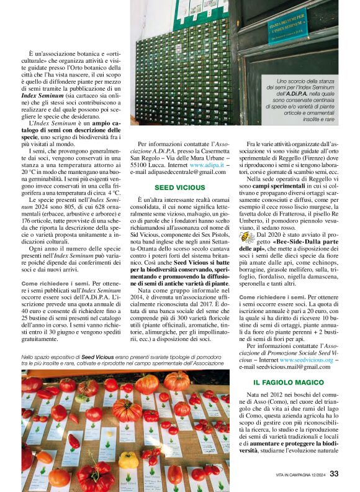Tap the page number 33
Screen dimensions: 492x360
pyautogui.click(x=334, y=474)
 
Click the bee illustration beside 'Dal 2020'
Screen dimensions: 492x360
pyautogui.click(x=248, y=237)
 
